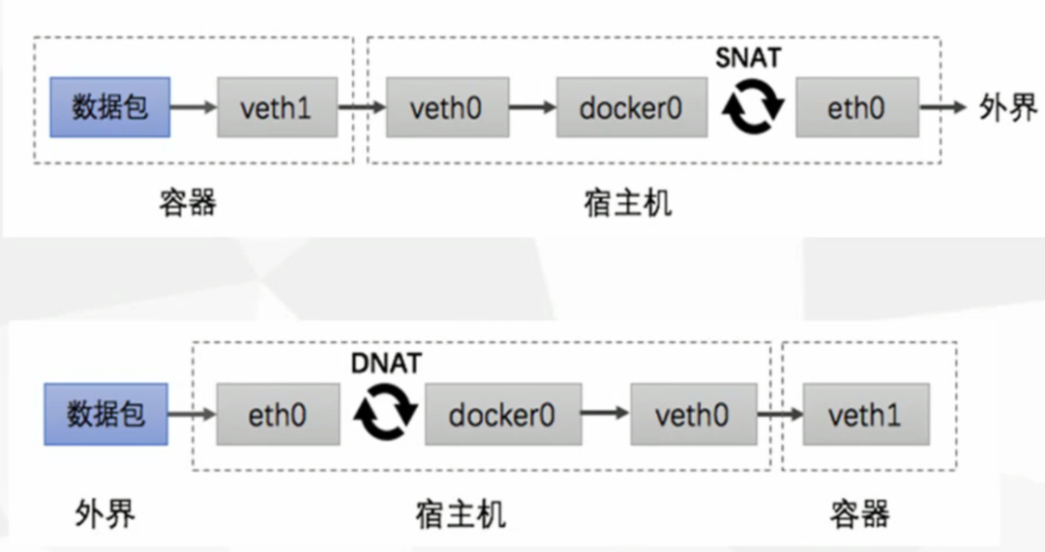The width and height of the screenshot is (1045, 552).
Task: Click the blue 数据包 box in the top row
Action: (x=110, y=106)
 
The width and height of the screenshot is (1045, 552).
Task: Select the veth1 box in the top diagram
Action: (x=277, y=107)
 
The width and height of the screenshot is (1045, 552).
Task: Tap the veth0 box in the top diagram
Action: (x=445, y=107)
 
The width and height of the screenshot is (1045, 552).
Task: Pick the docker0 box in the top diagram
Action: (x=631, y=107)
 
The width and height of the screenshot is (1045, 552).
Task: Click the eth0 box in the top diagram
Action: (x=856, y=107)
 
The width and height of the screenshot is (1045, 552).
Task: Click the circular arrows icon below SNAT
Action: (x=754, y=108)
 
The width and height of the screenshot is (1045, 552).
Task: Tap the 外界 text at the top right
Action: (x=1008, y=108)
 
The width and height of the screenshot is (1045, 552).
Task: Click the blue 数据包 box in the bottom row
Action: (x=105, y=415)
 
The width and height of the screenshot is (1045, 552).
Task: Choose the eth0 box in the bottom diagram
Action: (x=278, y=415)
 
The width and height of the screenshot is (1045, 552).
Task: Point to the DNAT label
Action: (x=386, y=363)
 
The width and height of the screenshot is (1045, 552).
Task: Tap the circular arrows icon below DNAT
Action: (x=385, y=415)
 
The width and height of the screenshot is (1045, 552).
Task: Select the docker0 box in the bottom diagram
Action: (x=502, y=415)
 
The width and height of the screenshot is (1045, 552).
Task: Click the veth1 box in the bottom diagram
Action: (x=865, y=415)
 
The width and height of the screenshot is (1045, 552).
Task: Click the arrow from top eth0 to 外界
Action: (x=945, y=107)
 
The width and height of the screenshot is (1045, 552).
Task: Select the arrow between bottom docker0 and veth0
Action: (x=605, y=415)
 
